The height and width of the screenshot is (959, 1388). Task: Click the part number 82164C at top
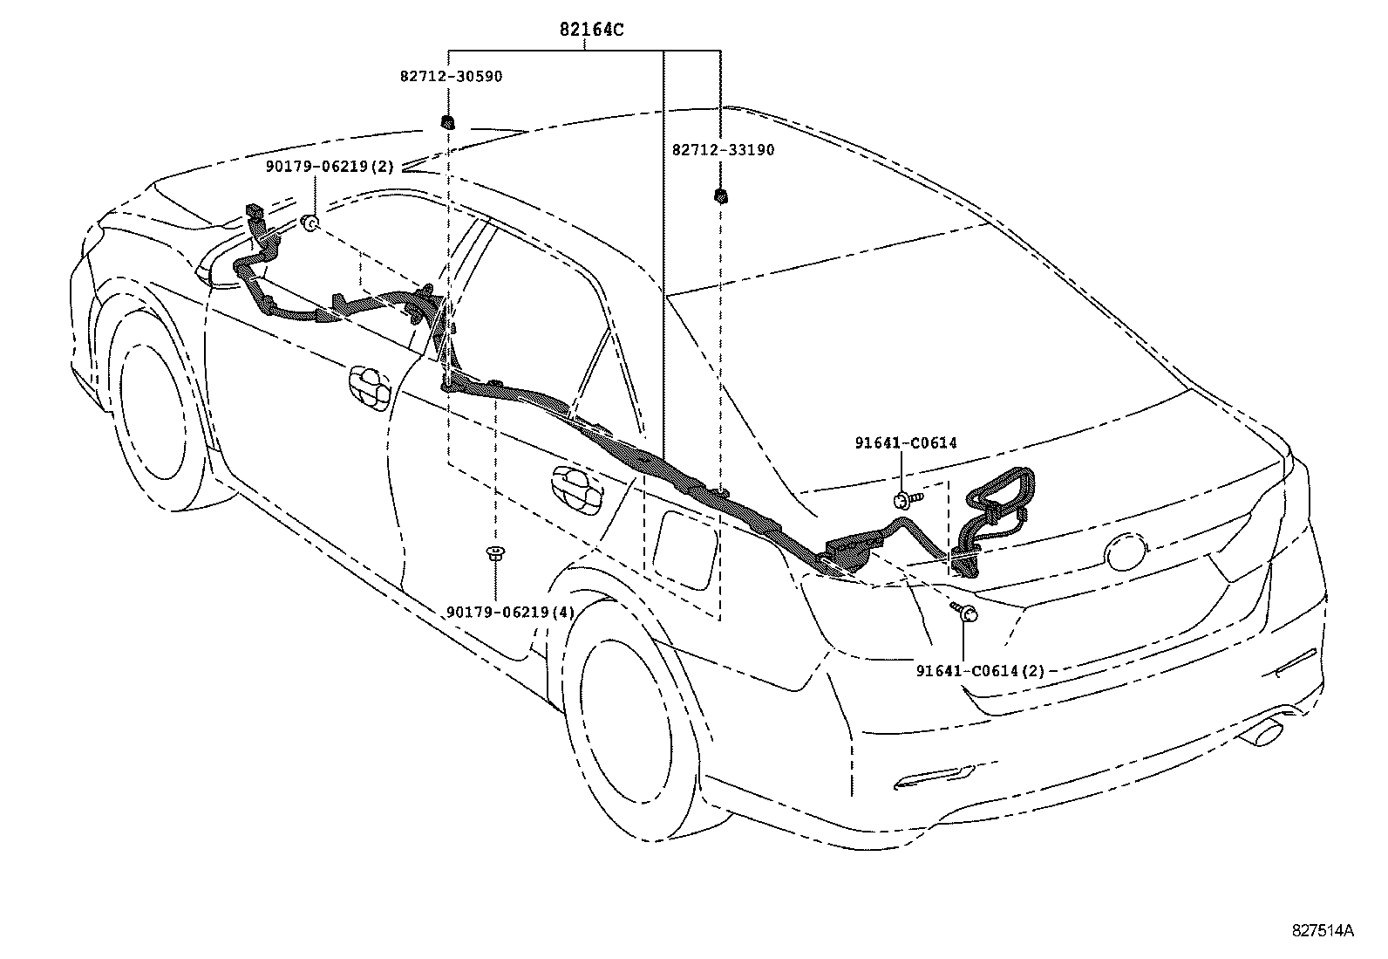591,30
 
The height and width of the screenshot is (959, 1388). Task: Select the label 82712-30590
451,77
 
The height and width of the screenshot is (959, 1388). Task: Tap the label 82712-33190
723,150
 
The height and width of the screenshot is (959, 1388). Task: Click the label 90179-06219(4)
510,613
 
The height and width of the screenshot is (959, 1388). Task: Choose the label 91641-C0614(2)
980,671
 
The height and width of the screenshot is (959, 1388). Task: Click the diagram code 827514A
1323,930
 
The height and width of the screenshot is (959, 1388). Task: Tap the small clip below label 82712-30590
447,121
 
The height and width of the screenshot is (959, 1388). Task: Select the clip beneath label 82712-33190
720,195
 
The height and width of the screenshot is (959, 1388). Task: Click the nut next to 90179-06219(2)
309,224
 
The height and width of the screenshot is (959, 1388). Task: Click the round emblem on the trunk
1126,552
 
